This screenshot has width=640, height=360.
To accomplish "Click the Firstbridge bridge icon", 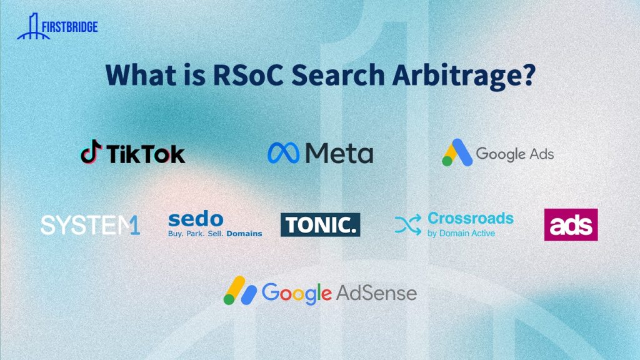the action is (32, 27).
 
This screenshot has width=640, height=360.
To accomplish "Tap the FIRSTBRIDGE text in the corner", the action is (70, 27).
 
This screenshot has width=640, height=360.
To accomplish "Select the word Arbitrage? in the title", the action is (464, 76).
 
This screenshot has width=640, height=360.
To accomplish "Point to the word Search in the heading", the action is (338, 75).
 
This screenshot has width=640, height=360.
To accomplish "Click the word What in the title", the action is (141, 75).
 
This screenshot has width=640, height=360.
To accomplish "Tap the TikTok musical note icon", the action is (91, 151).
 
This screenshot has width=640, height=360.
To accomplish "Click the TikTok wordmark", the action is (146, 154).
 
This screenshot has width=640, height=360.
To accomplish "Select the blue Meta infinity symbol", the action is (283, 153).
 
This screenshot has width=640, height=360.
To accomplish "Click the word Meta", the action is (339, 153).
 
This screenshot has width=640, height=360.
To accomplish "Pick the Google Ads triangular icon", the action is (457, 152).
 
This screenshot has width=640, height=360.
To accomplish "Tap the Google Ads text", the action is (515, 154).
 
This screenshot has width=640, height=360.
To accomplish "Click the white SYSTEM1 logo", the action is (90, 225).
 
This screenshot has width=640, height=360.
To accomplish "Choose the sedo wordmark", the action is (196, 219).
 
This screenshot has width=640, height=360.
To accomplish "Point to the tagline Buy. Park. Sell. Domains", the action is (215, 234).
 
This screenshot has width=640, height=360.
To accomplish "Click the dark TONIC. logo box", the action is (321, 224).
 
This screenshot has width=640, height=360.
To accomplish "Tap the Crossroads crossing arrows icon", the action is (407, 224).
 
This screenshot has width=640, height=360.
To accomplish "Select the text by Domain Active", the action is (461, 234).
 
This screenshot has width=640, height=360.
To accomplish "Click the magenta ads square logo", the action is (571, 224).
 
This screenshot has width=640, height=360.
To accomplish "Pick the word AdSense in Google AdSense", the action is (376, 293).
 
